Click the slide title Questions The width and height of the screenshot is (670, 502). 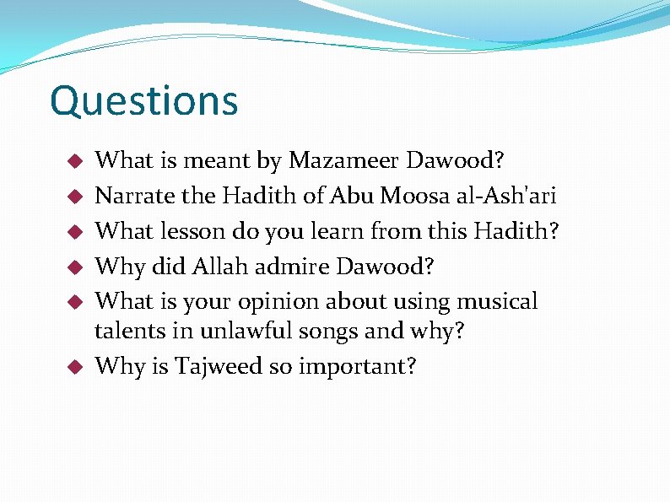pyautogui.click(x=144, y=101)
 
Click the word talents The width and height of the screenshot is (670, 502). pyautogui.click(x=128, y=332)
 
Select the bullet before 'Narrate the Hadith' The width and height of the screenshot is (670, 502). pyautogui.click(x=74, y=197)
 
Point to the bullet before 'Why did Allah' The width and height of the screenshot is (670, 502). pyautogui.click(x=74, y=267)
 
